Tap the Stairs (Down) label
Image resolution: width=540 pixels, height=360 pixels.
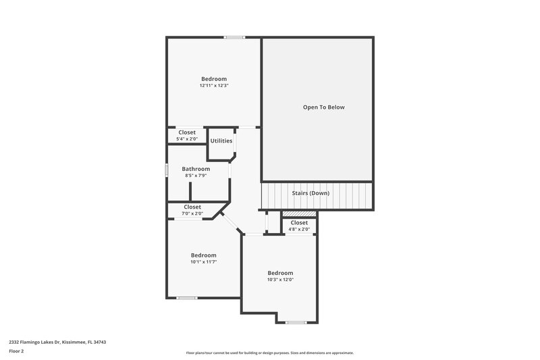click(x=310, y=193)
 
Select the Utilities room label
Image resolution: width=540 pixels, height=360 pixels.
click(x=221, y=141)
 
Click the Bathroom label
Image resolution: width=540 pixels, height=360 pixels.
click(x=196, y=169)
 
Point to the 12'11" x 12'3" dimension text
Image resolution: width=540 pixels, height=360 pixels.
click(x=213, y=86)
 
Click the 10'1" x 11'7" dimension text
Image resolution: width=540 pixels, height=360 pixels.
click(x=203, y=262)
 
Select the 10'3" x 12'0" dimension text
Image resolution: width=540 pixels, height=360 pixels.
click(x=280, y=280)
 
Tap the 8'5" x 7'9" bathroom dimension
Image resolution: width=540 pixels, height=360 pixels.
click(x=196, y=176)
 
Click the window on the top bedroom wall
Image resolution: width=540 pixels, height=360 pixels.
click(x=235, y=37)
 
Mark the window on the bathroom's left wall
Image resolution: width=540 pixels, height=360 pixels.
click(x=167, y=170)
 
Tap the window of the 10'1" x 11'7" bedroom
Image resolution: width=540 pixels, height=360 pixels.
click(x=186, y=298)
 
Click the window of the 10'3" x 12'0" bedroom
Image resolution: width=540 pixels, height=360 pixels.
click(x=296, y=322)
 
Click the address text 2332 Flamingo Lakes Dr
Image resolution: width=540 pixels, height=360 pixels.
click(x=57, y=342)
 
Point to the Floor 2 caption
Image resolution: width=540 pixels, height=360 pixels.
click(x=16, y=351)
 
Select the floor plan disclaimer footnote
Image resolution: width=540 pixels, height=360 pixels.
click(x=270, y=353)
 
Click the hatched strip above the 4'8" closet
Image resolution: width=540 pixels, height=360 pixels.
click(x=299, y=214)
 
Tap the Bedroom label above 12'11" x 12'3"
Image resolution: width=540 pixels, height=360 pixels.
click(x=213, y=78)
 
